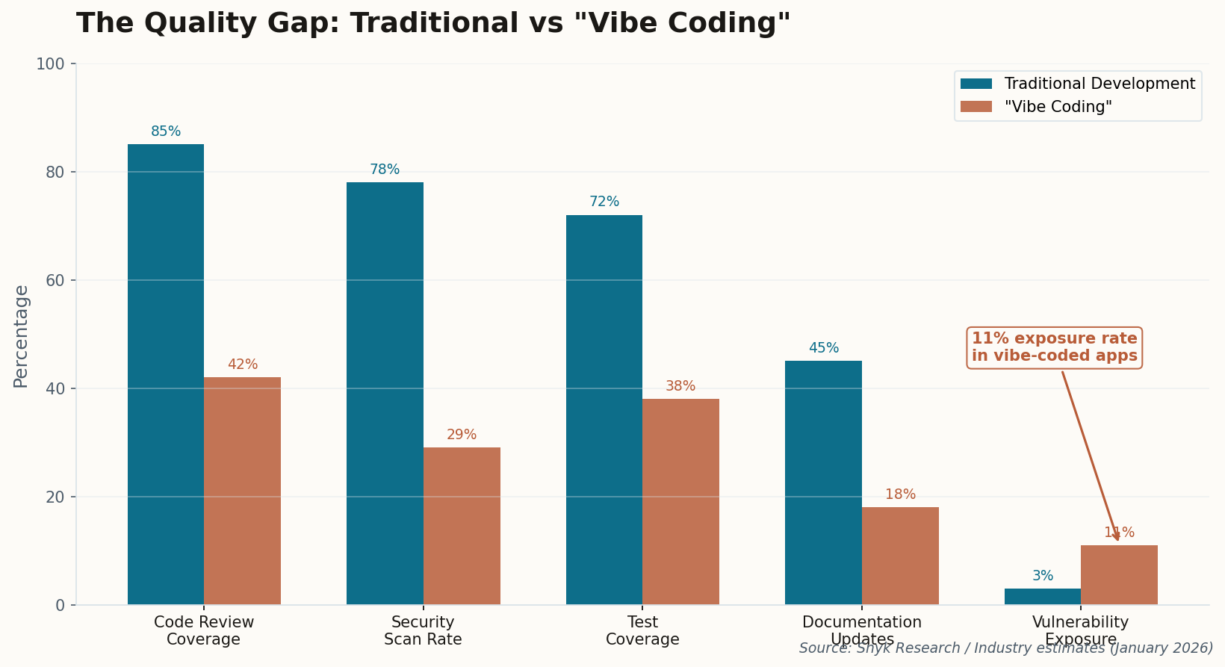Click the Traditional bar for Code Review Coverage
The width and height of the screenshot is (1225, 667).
166,373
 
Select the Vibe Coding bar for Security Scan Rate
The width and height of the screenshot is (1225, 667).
462,526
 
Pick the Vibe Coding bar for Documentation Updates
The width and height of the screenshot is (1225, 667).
900,556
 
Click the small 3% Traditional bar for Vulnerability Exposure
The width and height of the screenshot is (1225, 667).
1043,597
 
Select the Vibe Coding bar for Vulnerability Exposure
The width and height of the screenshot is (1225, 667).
1119,575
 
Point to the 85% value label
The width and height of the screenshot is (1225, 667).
166,131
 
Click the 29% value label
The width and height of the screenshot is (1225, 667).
462,435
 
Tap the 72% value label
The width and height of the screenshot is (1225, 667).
604,202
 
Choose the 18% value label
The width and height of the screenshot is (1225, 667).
900,494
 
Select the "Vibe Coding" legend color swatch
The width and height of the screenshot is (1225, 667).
976,107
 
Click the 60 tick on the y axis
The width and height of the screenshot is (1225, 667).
55,281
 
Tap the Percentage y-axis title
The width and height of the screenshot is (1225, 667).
21,336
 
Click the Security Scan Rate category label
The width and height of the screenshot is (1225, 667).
423,631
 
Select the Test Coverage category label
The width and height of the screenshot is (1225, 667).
642,631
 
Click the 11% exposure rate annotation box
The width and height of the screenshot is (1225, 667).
1054,347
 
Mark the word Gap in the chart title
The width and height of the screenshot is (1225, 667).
303,24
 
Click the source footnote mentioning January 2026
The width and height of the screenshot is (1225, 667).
1005,648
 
